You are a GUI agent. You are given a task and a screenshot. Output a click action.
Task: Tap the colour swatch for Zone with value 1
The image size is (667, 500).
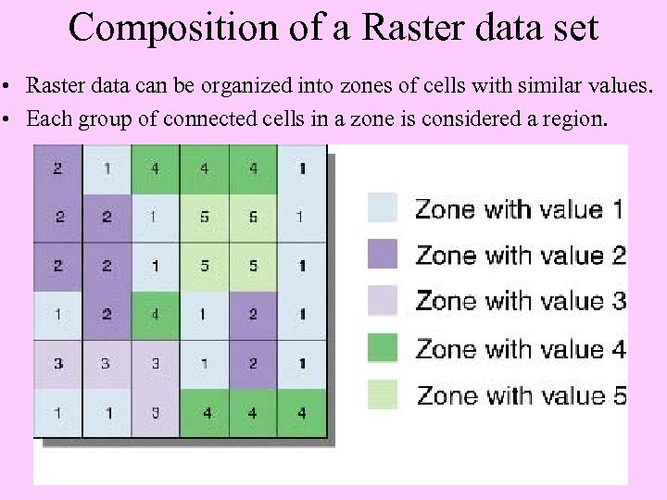click(383, 206)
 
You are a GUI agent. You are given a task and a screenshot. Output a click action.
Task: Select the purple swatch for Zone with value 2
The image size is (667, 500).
click(383, 253)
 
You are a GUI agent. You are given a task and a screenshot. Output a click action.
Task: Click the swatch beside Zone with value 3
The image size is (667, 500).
click(383, 300)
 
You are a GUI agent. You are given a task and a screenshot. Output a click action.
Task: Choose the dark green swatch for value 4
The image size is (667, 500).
click(383, 347)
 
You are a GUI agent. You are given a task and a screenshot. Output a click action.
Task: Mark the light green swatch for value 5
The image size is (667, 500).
click(383, 394)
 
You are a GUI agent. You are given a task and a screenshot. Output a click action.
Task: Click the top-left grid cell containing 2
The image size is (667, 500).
click(58, 169)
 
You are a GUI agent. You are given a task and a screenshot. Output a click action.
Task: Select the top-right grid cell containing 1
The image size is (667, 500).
click(302, 169)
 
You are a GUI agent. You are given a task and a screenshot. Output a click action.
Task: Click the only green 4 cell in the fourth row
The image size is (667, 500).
click(156, 315)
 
